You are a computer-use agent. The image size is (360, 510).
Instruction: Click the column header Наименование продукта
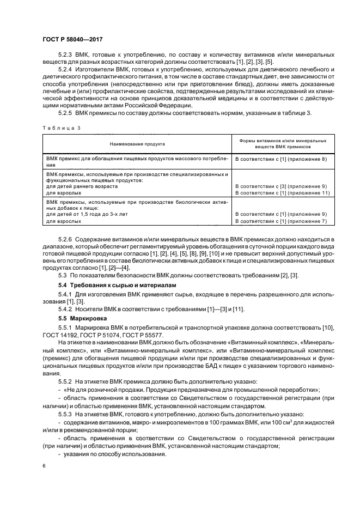137,143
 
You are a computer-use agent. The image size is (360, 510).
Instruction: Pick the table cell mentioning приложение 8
280,159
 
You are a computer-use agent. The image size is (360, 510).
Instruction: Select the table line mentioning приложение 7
280,221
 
